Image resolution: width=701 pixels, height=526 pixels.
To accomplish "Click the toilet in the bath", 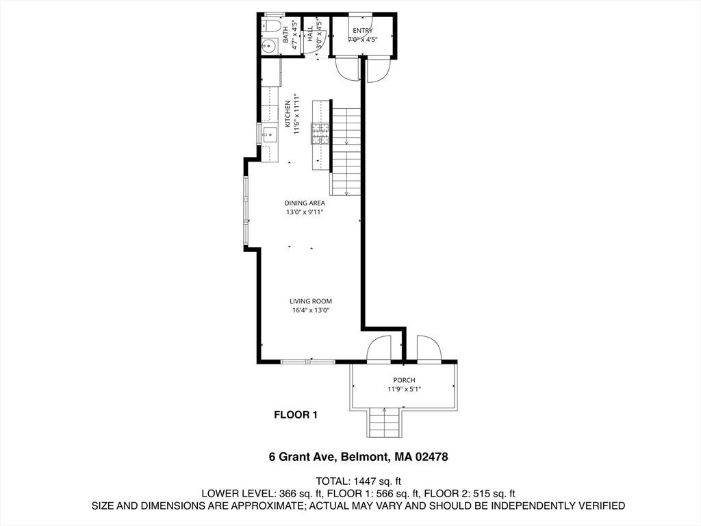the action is pyautogui.click(x=270, y=25).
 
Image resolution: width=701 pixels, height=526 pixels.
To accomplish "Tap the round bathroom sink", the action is pyautogui.click(x=270, y=46).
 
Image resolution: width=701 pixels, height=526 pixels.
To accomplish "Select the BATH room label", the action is pyautogui.click(x=285, y=34).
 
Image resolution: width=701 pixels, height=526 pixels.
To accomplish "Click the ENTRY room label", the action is pyautogui.click(x=363, y=30).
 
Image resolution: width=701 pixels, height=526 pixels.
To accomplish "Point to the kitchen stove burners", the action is pyautogui.click(x=320, y=134).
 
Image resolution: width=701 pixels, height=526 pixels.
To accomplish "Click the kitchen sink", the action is pyautogui.click(x=270, y=134).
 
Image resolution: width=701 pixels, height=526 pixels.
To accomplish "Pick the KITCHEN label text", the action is pyautogui.click(x=288, y=114).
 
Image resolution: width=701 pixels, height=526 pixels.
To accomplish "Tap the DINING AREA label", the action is pyautogui.click(x=305, y=203).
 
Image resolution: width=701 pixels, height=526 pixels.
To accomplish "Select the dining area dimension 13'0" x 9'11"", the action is pyautogui.click(x=305, y=212).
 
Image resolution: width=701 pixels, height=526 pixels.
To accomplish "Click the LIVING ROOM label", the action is pyautogui.click(x=311, y=301).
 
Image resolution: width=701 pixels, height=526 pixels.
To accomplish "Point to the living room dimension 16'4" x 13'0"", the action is pyautogui.click(x=311, y=310).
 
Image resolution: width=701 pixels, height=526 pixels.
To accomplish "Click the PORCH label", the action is pyautogui.click(x=404, y=380).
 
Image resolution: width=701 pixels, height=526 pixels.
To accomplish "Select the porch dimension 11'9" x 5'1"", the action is pyautogui.click(x=404, y=389).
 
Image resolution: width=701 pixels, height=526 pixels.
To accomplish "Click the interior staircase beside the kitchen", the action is pyautogui.click(x=346, y=151).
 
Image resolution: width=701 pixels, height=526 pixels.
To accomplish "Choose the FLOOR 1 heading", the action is pyautogui.click(x=296, y=415).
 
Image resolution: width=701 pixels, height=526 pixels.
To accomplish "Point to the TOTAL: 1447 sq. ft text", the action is pyautogui.click(x=359, y=481).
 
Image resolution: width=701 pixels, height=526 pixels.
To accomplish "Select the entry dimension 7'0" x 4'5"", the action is pyautogui.click(x=363, y=39).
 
